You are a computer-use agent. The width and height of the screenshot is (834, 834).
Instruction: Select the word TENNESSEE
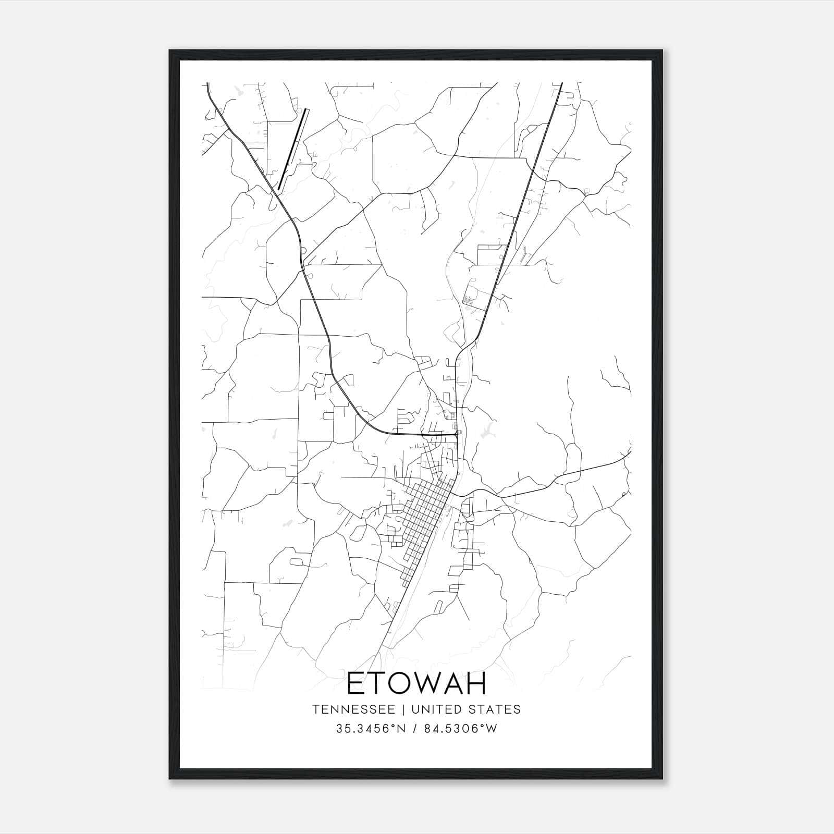[x=357, y=709]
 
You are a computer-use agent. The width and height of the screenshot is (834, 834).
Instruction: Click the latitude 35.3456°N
[x=371, y=729]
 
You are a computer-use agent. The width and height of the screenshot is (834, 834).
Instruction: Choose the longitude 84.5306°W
[x=461, y=729]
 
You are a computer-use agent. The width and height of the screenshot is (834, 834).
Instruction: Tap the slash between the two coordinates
[x=413, y=729]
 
